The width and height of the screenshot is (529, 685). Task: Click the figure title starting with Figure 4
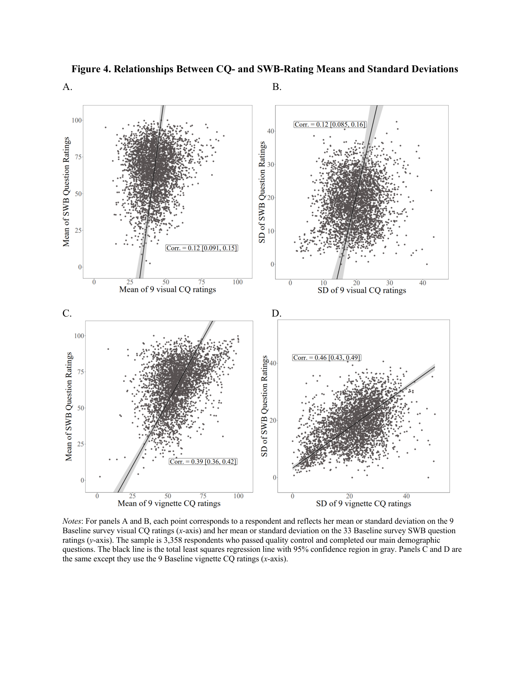coord(264,69)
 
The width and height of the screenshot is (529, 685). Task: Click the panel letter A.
coord(67,87)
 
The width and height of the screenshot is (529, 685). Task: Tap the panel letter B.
coord(277,87)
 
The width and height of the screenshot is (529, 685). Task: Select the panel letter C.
coord(67,314)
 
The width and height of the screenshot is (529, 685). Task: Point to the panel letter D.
coord(277,314)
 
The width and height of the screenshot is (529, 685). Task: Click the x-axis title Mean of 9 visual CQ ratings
coord(167,289)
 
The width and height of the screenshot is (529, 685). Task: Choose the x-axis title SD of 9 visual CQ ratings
coord(362,290)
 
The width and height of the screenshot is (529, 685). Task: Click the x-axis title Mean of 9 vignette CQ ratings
coord(169,503)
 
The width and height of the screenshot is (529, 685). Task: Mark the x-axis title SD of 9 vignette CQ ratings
coord(363,503)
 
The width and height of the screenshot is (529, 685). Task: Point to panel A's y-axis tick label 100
coord(77,120)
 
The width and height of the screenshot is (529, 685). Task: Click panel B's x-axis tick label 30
coord(389,283)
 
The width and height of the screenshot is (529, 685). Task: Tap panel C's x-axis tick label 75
coord(203,496)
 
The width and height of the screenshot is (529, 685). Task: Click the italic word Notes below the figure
coord(72,521)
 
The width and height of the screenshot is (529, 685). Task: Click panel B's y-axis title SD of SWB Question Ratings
coord(261,192)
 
